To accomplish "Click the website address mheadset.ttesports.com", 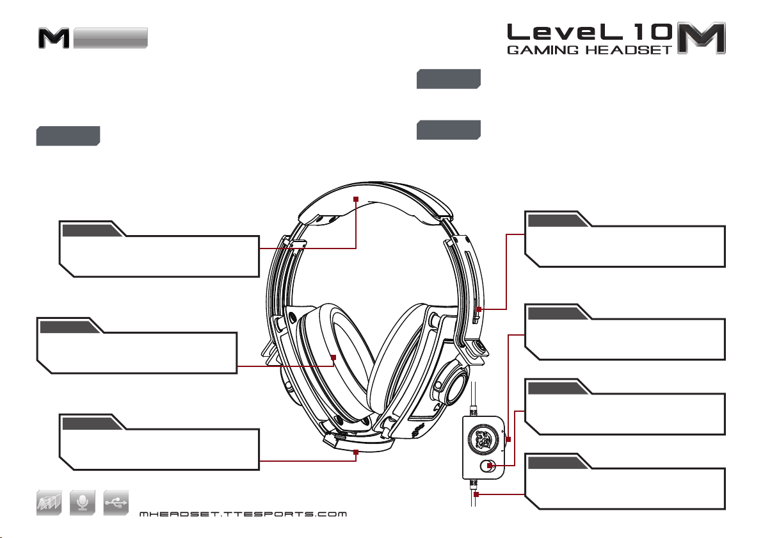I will tap(243, 514).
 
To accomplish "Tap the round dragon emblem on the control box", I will tap(483, 438).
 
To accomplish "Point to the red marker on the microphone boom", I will tap(356, 452).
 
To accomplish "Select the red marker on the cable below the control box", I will tap(475, 494).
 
